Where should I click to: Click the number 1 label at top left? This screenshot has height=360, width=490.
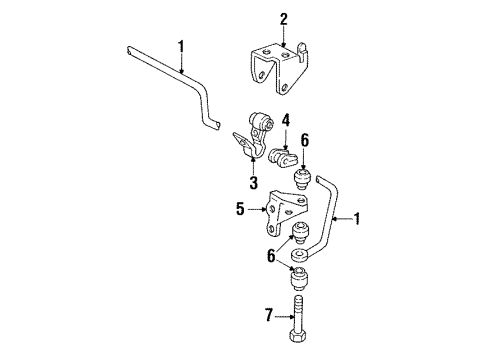(181, 44)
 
